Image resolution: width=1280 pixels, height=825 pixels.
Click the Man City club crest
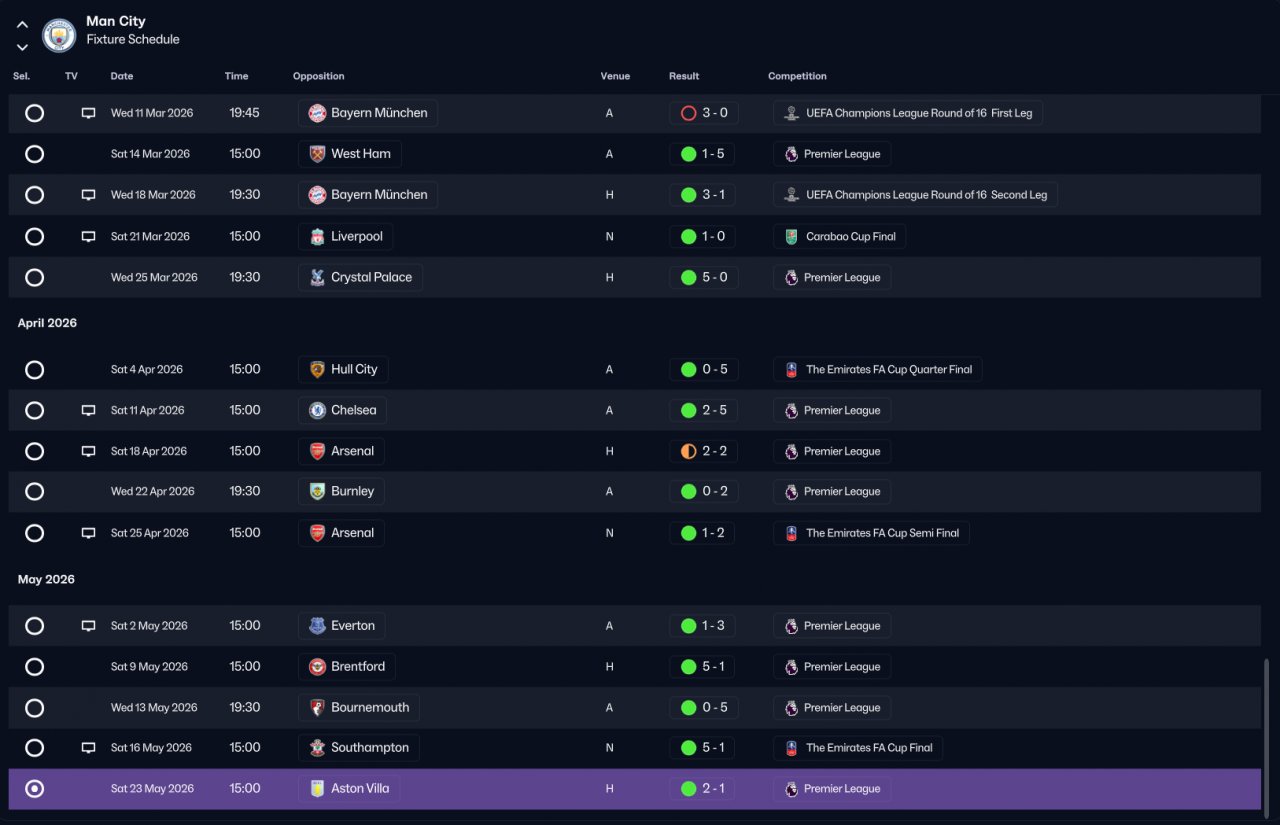tap(59, 35)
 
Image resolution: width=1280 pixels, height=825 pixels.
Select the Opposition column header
tap(318, 76)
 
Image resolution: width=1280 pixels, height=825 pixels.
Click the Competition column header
tap(797, 76)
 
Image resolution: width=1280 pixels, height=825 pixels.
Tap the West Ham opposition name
tap(361, 154)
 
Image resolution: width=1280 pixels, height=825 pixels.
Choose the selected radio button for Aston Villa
tap(34, 788)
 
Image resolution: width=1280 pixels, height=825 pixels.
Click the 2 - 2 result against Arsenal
tap(714, 451)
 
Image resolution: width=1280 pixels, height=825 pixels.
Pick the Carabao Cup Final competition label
tap(850, 237)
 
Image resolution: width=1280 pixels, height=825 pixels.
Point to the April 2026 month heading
tap(47, 323)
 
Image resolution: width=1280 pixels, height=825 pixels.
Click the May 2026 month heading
tap(46, 579)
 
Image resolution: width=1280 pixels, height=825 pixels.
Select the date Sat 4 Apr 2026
tap(146, 369)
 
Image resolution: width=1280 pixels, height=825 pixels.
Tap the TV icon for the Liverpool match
tap(88, 236)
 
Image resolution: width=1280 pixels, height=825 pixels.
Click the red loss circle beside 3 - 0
tap(688, 113)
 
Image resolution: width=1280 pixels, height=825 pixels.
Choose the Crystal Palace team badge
tap(317, 277)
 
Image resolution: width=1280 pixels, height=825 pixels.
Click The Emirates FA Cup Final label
tap(869, 747)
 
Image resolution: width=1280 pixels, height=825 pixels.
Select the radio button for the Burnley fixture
tap(34, 491)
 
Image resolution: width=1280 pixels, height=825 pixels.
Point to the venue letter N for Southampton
tap(609, 747)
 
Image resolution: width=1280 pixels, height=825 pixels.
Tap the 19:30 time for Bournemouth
tap(245, 707)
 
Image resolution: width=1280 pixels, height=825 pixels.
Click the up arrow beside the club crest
tap(22, 25)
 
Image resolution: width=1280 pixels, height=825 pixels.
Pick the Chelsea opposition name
tap(353, 410)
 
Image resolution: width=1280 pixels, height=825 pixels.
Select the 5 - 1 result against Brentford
tap(713, 666)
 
